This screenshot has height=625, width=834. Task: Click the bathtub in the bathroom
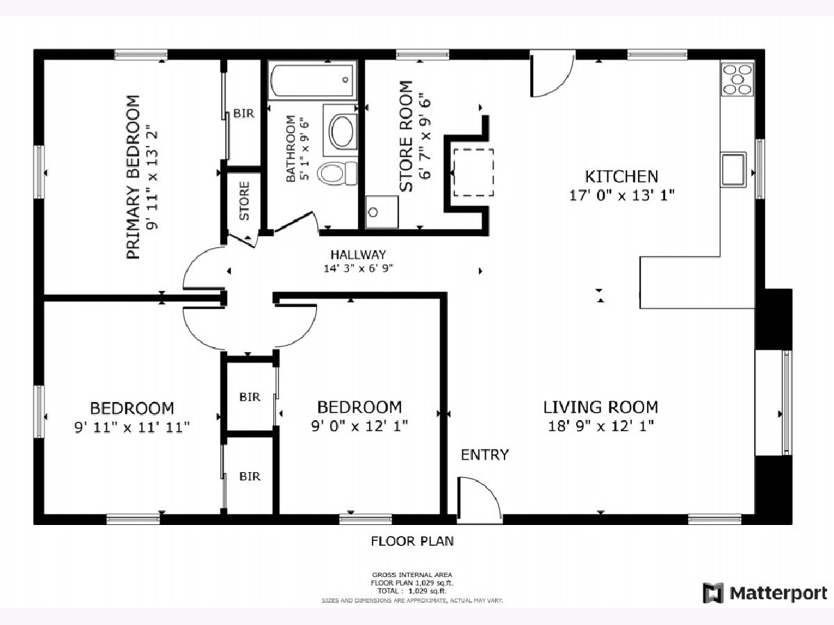(x=312, y=80)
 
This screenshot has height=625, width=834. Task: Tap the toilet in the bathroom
(x=338, y=173)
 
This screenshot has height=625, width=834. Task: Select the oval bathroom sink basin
(x=342, y=131)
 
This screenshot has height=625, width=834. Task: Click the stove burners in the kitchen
(x=737, y=79)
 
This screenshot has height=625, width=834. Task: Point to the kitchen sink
(x=734, y=169)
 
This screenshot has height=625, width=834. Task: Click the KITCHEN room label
(x=621, y=176)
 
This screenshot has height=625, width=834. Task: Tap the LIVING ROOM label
(x=600, y=407)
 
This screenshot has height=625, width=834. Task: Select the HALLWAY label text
(x=358, y=254)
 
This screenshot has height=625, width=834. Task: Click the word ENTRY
(x=484, y=455)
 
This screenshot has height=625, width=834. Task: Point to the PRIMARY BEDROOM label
(x=133, y=177)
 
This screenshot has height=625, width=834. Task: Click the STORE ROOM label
(x=406, y=136)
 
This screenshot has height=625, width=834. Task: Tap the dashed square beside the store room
(x=473, y=172)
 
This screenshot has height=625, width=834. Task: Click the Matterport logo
(x=765, y=593)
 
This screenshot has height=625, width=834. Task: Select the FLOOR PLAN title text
(x=412, y=541)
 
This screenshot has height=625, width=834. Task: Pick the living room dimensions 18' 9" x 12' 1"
(x=600, y=426)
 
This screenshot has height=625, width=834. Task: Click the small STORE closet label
(x=245, y=201)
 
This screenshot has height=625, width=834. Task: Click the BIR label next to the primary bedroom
(x=243, y=113)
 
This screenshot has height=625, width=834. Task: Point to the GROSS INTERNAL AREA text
(x=412, y=574)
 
